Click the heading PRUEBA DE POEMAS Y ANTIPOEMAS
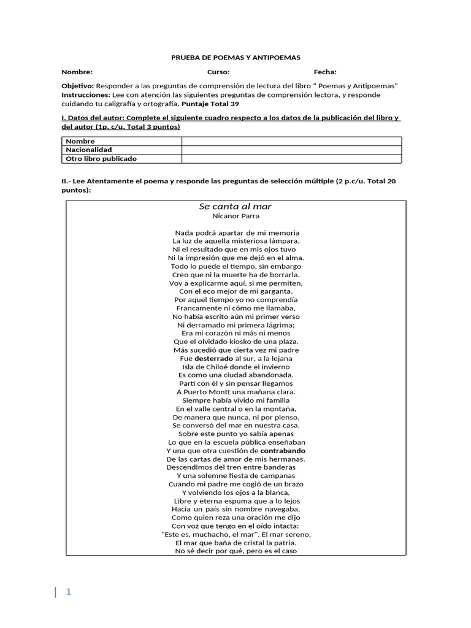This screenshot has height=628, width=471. pyautogui.click(x=235, y=57)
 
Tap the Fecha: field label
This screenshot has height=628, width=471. pyautogui.click(x=325, y=72)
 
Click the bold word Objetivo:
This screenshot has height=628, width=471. pyautogui.click(x=78, y=86)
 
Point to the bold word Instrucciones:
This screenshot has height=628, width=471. pyautogui.click(x=86, y=95)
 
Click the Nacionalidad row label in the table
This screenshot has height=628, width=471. pyautogui.click(x=89, y=150)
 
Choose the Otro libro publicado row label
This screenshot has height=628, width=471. pyautogui.click(x=101, y=158)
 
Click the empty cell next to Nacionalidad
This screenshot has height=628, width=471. pyautogui.click(x=291, y=150)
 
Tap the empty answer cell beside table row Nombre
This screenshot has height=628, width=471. pyautogui.click(x=291, y=141)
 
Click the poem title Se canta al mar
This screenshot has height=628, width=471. pyautogui.click(x=235, y=206)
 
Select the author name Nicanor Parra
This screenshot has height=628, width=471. pyautogui.click(x=235, y=216)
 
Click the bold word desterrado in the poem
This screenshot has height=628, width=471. pyautogui.click(x=214, y=358)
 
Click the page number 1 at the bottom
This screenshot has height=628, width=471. pyautogui.click(x=69, y=592)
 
